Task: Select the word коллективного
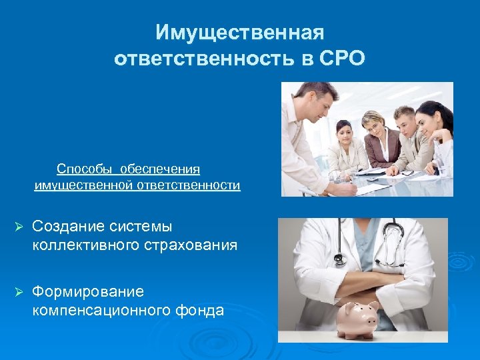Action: click(x=85, y=245)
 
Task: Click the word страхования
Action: click(x=190, y=245)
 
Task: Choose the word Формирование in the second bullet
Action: click(x=87, y=291)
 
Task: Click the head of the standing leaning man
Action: click(x=312, y=99)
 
